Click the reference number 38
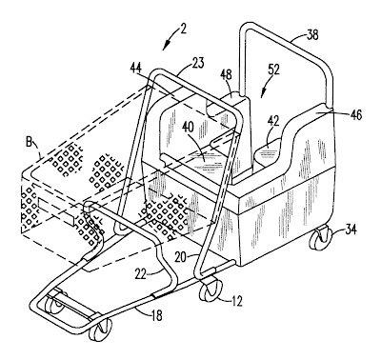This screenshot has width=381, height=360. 312,35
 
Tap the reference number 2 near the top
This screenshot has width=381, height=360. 183,29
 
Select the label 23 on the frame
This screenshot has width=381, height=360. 197,62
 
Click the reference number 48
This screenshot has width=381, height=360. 225,75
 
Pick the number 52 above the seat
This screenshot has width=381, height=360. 273,70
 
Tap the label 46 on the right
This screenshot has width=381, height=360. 355,115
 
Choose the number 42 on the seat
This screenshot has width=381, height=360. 273,122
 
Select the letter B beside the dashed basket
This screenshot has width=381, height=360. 29,143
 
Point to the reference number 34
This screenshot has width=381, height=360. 350,229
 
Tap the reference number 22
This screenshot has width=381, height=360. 141,274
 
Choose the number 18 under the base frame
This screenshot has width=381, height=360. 156,315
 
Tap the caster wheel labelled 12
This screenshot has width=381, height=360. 210,289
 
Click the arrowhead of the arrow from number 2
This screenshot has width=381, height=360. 166,47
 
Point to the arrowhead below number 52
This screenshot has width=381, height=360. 262,94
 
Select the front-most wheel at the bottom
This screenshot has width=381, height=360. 100,330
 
